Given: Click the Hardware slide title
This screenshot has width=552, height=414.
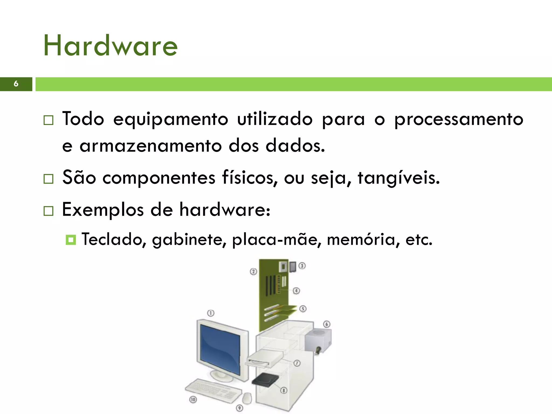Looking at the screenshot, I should point(110,46).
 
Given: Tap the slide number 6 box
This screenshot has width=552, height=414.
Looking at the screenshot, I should point(16,84).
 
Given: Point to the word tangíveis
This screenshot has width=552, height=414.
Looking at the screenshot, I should point(398,178).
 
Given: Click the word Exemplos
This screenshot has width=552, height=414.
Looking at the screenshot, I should point(103,210).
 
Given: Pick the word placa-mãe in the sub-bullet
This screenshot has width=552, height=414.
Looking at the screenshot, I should point(277,239).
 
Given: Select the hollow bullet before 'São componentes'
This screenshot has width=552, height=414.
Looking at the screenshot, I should point(49,179).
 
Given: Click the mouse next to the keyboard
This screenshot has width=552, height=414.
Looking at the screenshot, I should point(247,398).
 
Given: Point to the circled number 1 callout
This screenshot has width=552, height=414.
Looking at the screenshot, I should point(211,313).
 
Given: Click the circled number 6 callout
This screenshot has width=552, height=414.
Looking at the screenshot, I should point(327,324).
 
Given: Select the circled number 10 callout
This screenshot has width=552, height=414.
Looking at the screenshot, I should point(193,399).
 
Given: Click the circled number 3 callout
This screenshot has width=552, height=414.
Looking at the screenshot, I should point(302,266).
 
